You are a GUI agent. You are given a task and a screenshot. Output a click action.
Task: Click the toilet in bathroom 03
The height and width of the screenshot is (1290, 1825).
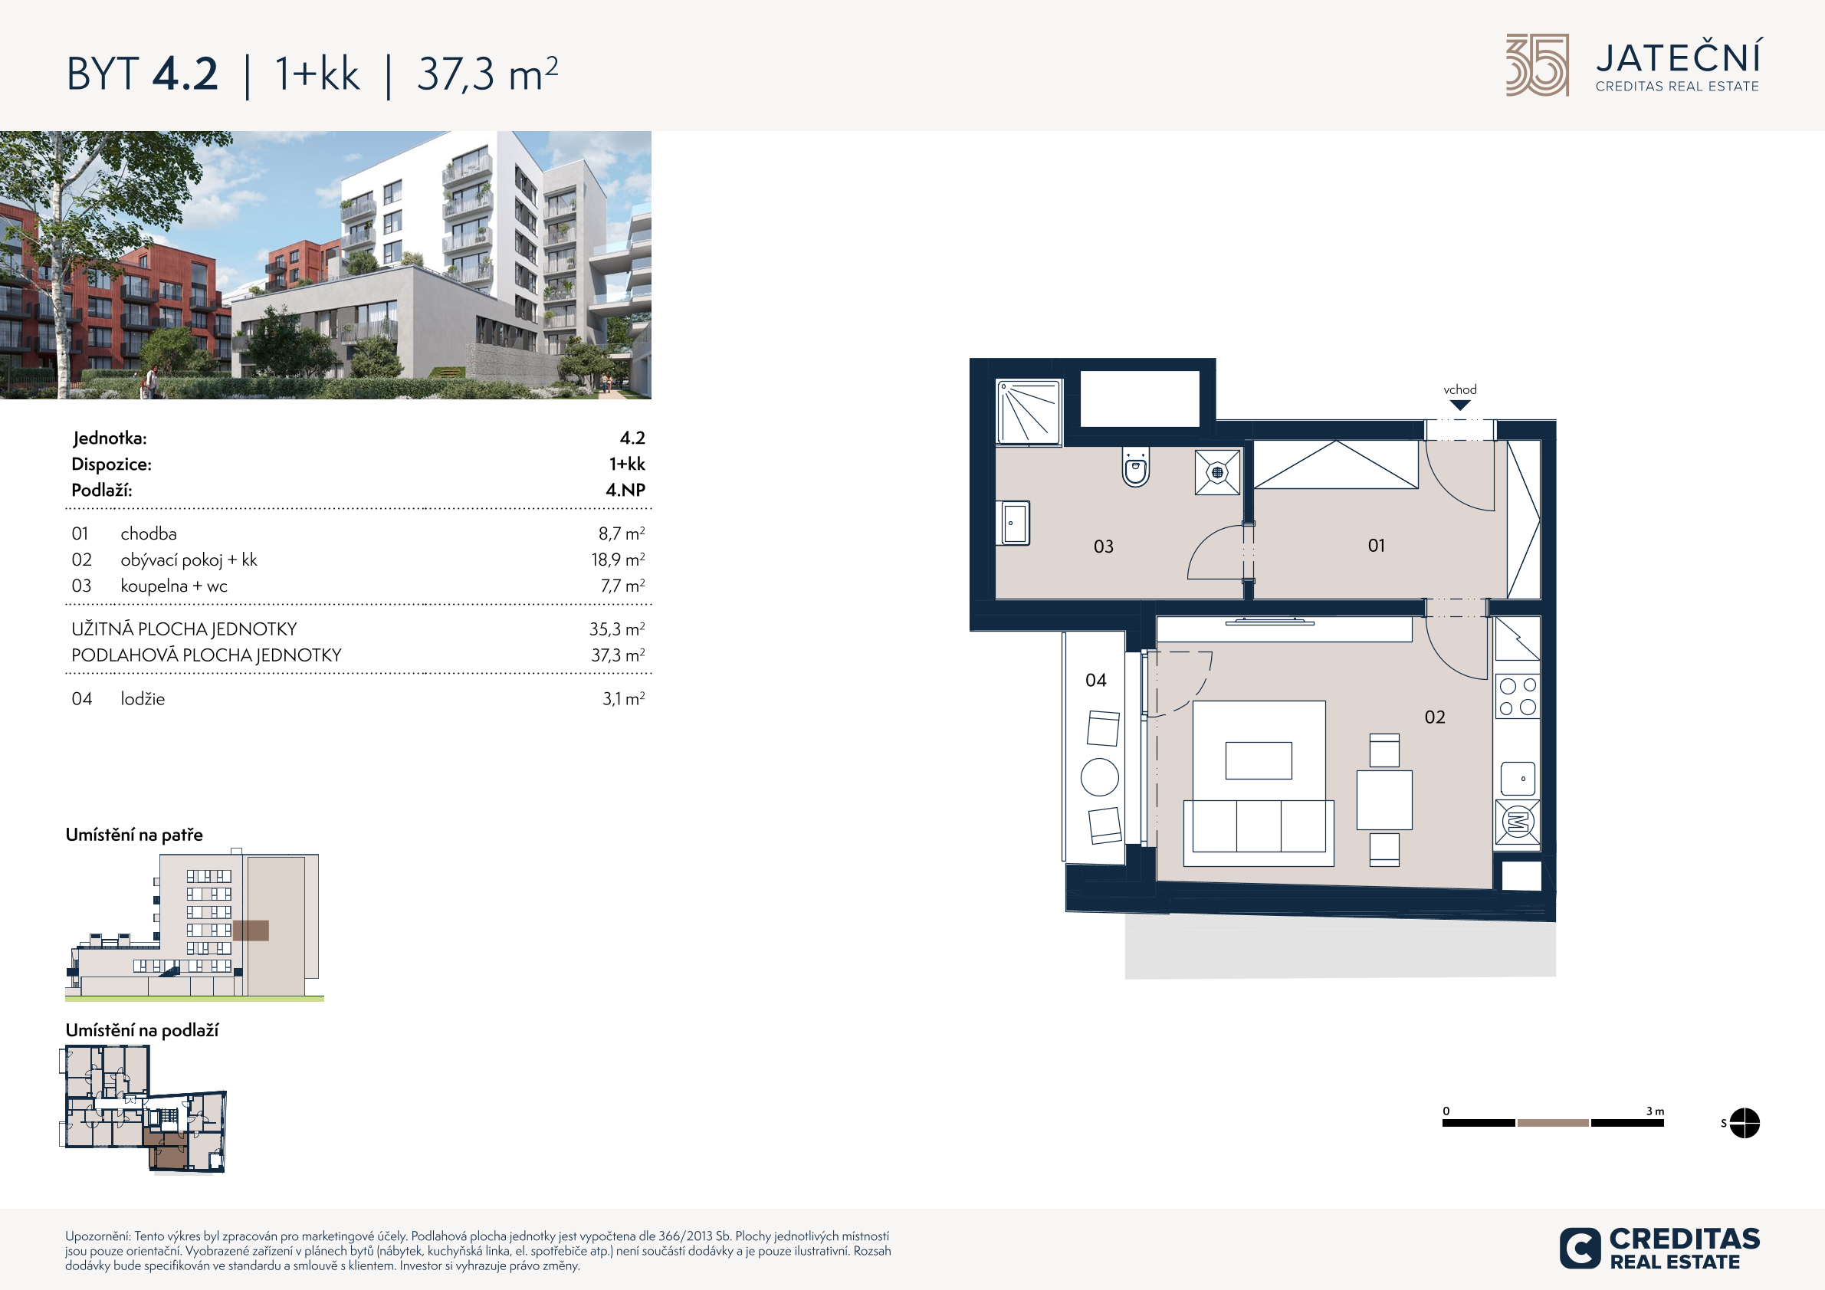(1136, 468)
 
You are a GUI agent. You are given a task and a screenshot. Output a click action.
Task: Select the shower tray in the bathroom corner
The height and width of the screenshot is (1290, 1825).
(1029, 412)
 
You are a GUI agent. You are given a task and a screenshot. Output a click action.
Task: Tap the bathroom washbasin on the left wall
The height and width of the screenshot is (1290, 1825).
(1013, 523)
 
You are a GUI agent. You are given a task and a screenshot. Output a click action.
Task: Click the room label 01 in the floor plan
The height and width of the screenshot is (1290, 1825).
(1376, 545)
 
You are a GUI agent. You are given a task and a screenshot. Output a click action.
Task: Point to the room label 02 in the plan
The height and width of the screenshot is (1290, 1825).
(1435, 717)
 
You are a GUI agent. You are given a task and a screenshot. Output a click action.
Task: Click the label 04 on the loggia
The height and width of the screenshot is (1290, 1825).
(1095, 681)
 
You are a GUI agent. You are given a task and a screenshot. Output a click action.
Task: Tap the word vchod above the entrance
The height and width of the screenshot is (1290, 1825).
(1460, 389)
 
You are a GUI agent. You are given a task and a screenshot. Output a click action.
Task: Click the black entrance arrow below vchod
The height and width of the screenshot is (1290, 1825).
(1460, 405)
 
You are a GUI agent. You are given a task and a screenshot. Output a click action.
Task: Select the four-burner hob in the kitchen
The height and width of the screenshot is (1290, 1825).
(1518, 696)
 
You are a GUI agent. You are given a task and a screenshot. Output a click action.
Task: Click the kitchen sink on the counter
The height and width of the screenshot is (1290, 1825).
(1518, 779)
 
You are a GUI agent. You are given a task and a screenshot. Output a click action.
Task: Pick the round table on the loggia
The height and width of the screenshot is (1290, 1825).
(1100, 777)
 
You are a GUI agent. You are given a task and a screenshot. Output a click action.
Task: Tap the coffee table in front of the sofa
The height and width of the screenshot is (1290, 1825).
(1259, 760)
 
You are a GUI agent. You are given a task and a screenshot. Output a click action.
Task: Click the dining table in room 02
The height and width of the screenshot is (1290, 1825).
(1384, 799)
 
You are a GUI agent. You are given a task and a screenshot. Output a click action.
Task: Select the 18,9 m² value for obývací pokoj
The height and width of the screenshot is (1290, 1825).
(618, 560)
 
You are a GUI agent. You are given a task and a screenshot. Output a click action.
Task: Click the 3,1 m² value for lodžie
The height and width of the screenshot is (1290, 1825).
(623, 698)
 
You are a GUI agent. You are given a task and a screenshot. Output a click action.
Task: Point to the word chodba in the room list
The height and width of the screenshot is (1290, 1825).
(149, 534)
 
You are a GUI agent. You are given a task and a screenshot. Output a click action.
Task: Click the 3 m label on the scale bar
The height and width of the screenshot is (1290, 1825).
(1655, 1111)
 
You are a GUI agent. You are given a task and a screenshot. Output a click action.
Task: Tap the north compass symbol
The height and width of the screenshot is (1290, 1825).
(1744, 1123)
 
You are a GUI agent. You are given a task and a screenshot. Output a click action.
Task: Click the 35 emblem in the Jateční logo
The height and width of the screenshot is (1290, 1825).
(1538, 65)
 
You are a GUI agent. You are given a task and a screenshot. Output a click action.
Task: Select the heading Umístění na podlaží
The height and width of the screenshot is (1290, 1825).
(142, 1030)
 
